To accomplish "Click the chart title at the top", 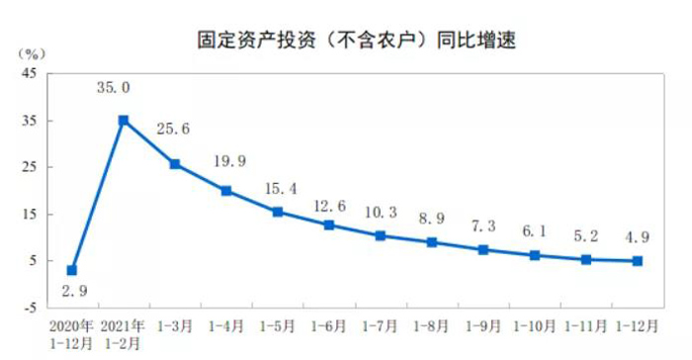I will point(345,41).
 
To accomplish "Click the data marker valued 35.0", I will point(124,121).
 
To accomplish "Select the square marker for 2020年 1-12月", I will point(72,270).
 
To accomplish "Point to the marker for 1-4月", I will point(226,191).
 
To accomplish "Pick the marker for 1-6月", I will point(329,225).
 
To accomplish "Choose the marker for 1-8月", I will point(432,242).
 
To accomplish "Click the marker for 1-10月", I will point(535,255).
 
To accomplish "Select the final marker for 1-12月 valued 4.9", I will point(638,261).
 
